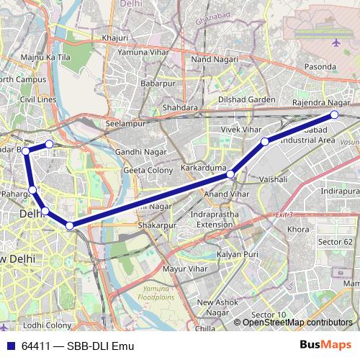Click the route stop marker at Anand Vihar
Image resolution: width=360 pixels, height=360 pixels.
coord(230,174)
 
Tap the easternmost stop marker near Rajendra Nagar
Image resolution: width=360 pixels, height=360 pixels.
coord(334,114)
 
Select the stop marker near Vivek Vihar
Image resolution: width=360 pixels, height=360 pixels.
coord(265,142)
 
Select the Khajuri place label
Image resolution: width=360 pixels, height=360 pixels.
coord(115,37)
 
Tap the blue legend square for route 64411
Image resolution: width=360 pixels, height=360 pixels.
coord(11,346)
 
